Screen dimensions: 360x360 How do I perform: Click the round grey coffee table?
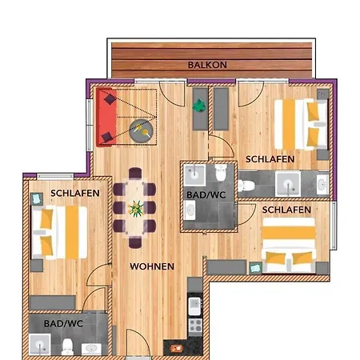[x=142, y=129]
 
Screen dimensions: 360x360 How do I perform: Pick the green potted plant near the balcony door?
[x=199, y=103]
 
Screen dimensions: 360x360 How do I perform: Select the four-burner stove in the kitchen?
[x=193, y=326]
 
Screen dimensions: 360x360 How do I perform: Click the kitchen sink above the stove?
[x=193, y=305]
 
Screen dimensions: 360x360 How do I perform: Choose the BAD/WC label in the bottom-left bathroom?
[x=62, y=324]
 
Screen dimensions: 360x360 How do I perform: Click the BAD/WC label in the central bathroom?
[x=201, y=194]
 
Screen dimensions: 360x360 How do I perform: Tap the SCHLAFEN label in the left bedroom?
[x=75, y=193]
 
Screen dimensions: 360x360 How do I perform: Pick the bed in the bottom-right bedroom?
[x=290, y=246]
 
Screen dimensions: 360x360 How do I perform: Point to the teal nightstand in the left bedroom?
[x=35, y=197]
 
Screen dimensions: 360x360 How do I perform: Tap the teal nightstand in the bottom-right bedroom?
[x=255, y=267]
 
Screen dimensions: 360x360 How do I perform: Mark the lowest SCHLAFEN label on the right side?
[x=286, y=209]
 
